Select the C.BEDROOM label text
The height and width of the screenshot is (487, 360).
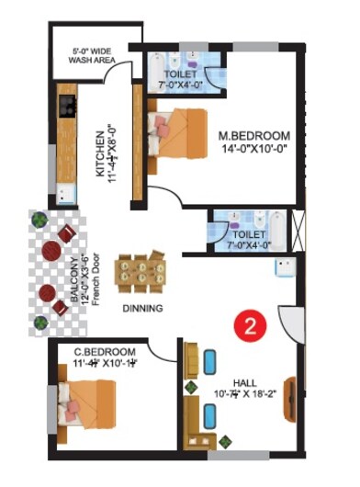[x=106, y=352]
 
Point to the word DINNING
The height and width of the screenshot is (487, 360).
[x=141, y=309]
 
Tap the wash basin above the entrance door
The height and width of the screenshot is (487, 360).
[x=284, y=267]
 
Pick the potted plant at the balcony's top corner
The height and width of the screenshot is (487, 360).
[x=39, y=220]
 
